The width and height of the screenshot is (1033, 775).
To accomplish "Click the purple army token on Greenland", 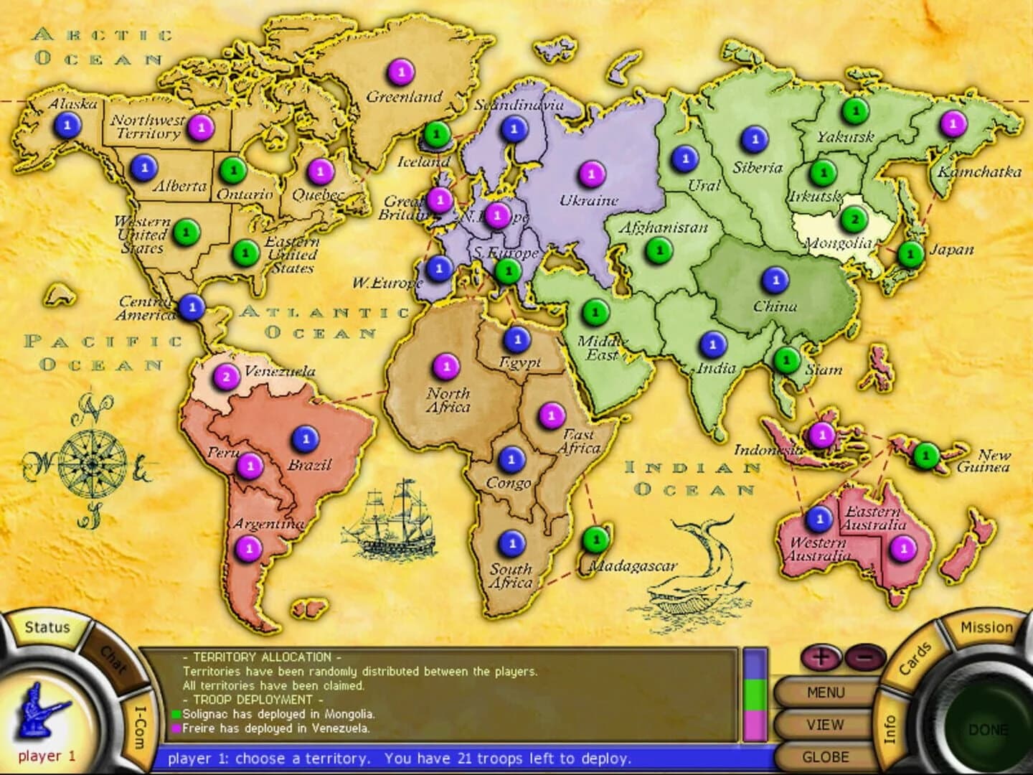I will pos(402,72).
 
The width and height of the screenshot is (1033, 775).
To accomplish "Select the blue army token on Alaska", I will pos(68,126).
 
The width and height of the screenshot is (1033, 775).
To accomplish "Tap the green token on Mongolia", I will pos(854,219).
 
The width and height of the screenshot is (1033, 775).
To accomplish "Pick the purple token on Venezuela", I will pos(227,376).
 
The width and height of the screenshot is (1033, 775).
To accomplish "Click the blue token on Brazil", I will pos(306,438).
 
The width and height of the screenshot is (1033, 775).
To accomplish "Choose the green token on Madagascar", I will pos(595,540).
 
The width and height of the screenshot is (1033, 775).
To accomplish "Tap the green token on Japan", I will pos(910,253).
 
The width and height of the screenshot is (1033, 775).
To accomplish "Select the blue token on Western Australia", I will pos(819,517).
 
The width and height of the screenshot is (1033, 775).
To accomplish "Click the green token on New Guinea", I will pos(926,455).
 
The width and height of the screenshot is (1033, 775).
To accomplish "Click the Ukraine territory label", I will pos(589,200).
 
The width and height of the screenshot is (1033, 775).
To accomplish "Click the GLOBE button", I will pos(825,756).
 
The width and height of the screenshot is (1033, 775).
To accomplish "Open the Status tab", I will pos(47,627).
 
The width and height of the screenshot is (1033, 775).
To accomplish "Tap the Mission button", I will pos(986,627).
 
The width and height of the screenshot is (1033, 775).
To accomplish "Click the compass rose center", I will pos(92,457).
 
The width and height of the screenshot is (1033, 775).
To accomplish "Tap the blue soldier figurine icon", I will pos(44,713).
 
